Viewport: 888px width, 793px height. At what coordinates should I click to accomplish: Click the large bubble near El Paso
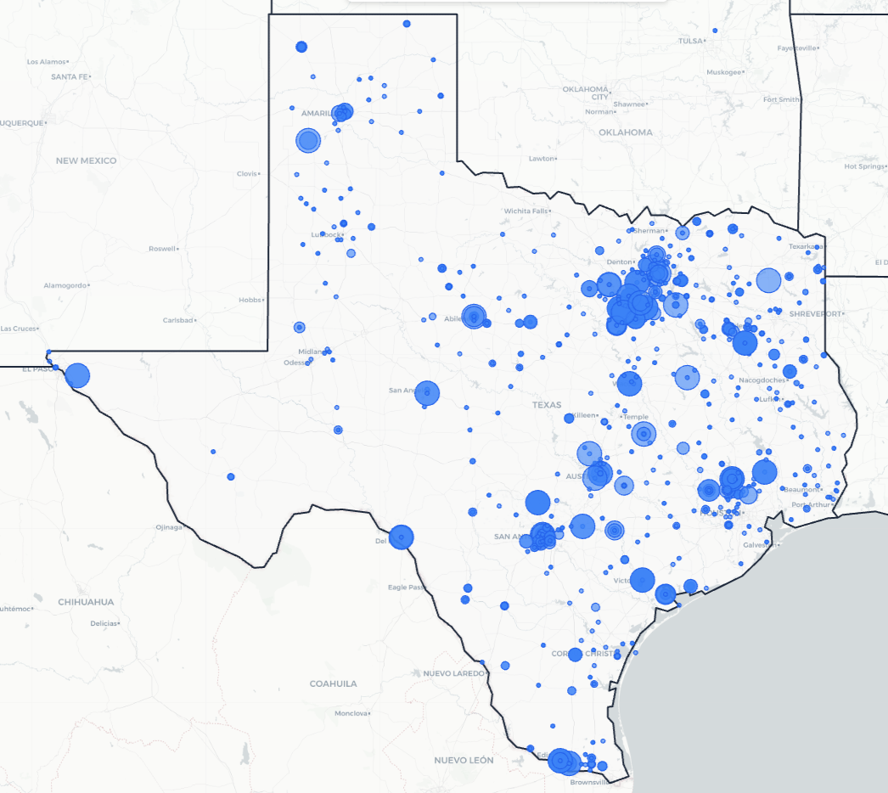(x=77, y=375)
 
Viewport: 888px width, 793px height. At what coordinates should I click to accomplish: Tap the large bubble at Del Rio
(x=401, y=537)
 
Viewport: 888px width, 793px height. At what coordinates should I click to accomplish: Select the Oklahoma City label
(x=586, y=93)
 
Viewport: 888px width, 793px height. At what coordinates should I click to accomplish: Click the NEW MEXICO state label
(x=87, y=160)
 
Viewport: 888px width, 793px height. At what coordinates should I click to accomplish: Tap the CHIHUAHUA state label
(x=86, y=602)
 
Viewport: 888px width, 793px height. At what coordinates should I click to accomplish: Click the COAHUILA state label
(x=334, y=683)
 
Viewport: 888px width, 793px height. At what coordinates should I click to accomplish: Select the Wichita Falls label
(x=525, y=211)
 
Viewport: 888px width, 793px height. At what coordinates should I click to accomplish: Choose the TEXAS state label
(x=547, y=405)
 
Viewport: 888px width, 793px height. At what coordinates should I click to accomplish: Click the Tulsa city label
(x=691, y=41)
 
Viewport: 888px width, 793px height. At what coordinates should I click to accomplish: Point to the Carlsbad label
(x=178, y=320)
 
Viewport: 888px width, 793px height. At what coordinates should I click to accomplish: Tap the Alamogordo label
(x=65, y=285)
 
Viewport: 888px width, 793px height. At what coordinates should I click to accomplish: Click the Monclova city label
(x=351, y=713)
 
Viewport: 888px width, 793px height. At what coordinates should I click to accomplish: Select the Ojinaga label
(x=168, y=527)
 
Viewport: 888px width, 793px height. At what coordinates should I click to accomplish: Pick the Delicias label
(x=104, y=623)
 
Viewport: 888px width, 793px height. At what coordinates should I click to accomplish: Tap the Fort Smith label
(x=781, y=99)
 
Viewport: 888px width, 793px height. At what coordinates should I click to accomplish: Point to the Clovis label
(x=246, y=173)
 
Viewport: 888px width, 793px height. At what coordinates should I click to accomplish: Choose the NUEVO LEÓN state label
(x=464, y=760)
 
